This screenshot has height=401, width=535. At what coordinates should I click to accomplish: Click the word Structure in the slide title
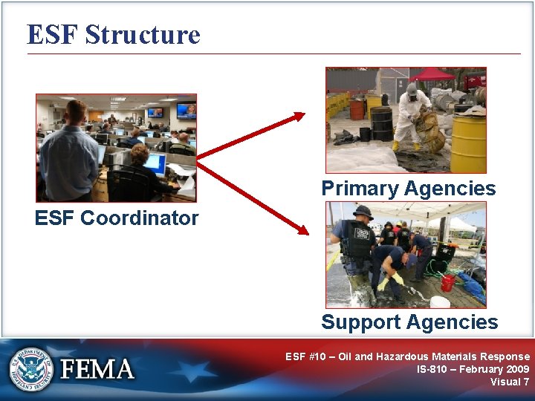(x=143, y=35)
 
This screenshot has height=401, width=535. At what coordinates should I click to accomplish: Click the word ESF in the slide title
(x=52, y=35)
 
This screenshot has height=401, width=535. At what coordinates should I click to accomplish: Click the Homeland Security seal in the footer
(x=30, y=368)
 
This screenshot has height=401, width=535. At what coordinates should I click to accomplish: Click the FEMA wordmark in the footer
(x=97, y=369)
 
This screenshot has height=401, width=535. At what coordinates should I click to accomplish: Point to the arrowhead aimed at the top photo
(x=298, y=115)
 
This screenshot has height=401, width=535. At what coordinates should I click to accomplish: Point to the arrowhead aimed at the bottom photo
(x=301, y=229)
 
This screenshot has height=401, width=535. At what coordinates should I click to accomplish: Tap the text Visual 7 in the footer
(x=510, y=382)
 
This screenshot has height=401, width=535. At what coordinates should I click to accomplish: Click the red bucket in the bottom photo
(x=447, y=283)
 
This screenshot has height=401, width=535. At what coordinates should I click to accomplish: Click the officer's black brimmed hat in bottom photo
(x=363, y=212)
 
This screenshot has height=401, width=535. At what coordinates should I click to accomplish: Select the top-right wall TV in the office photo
(x=186, y=111)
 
